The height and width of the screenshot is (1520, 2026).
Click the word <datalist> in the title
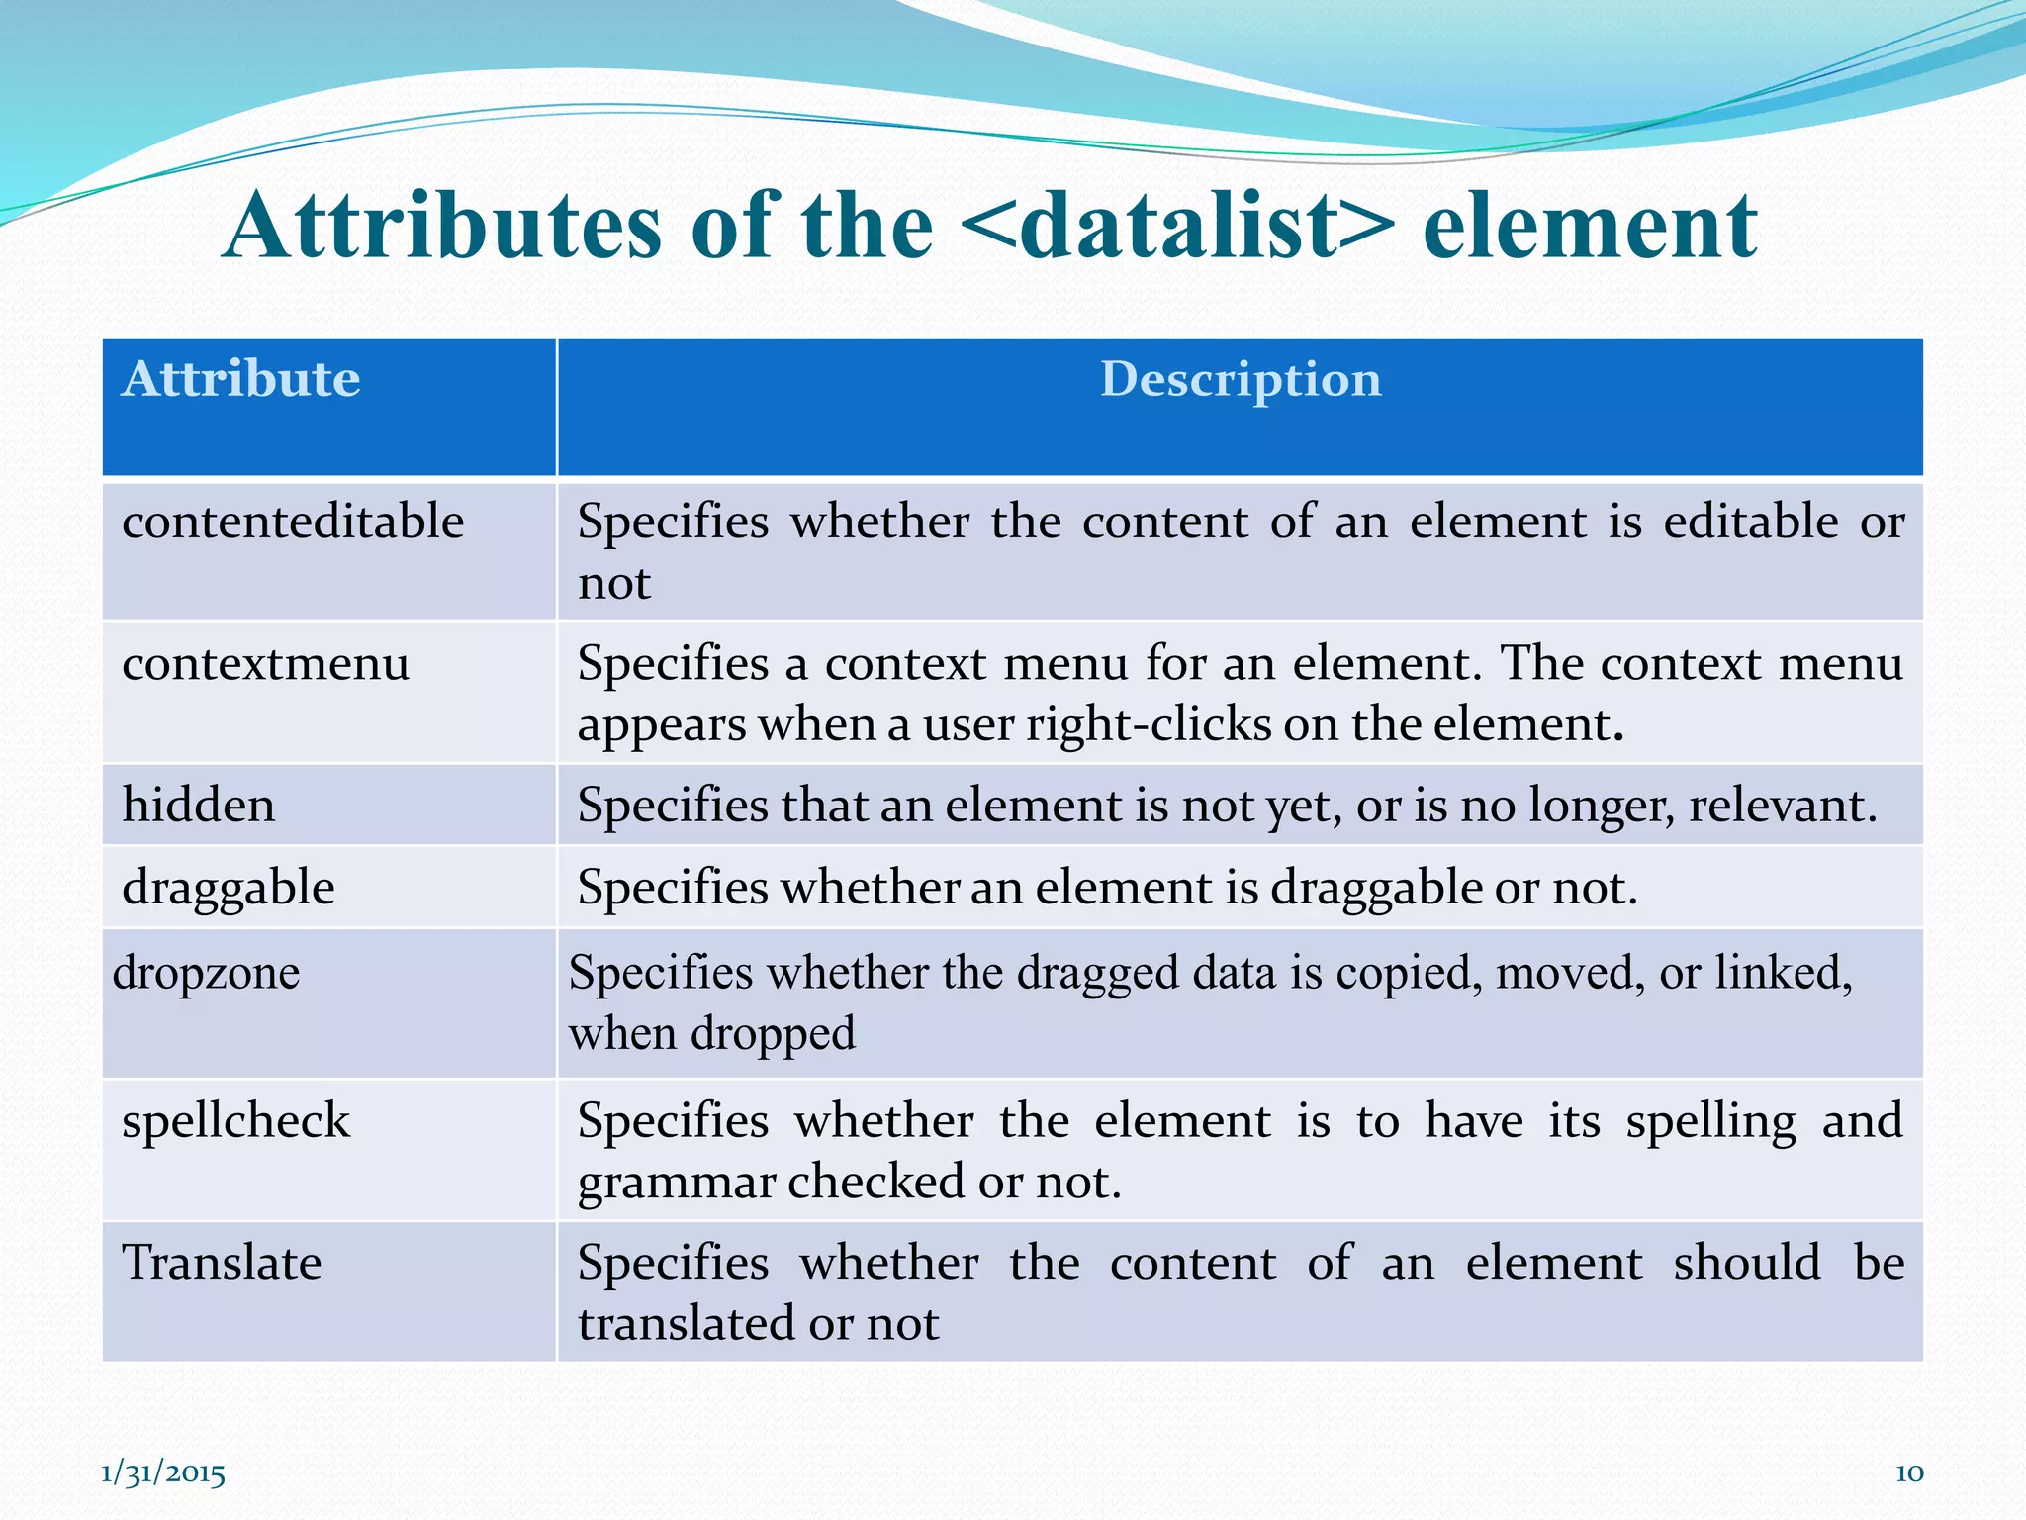(x=1177, y=228)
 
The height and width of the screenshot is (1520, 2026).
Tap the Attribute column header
(x=240, y=379)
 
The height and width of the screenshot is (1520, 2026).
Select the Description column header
(x=1241, y=379)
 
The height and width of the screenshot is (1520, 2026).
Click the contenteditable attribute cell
(x=293, y=522)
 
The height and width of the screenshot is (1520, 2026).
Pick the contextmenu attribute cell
(x=265, y=663)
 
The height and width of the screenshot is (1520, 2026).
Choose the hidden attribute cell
(x=198, y=805)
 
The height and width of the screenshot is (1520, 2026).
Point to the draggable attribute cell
(x=228, y=887)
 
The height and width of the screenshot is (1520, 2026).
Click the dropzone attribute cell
(x=206, y=972)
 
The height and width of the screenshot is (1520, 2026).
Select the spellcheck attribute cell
(x=235, y=1121)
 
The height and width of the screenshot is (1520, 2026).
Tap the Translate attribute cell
(x=222, y=1263)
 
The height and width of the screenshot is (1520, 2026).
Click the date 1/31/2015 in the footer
(x=163, y=1473)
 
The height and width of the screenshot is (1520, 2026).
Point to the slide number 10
(x=1908, y=1473)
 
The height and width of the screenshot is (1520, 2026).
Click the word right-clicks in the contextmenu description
(x=1148, y=724)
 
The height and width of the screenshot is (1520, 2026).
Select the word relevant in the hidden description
(x=1781, y=806)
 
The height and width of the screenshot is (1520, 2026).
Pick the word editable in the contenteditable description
(x=1750, y=522)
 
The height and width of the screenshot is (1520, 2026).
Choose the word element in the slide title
(x=1590, y=228)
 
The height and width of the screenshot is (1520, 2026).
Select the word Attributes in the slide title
(x=442, y=228)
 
